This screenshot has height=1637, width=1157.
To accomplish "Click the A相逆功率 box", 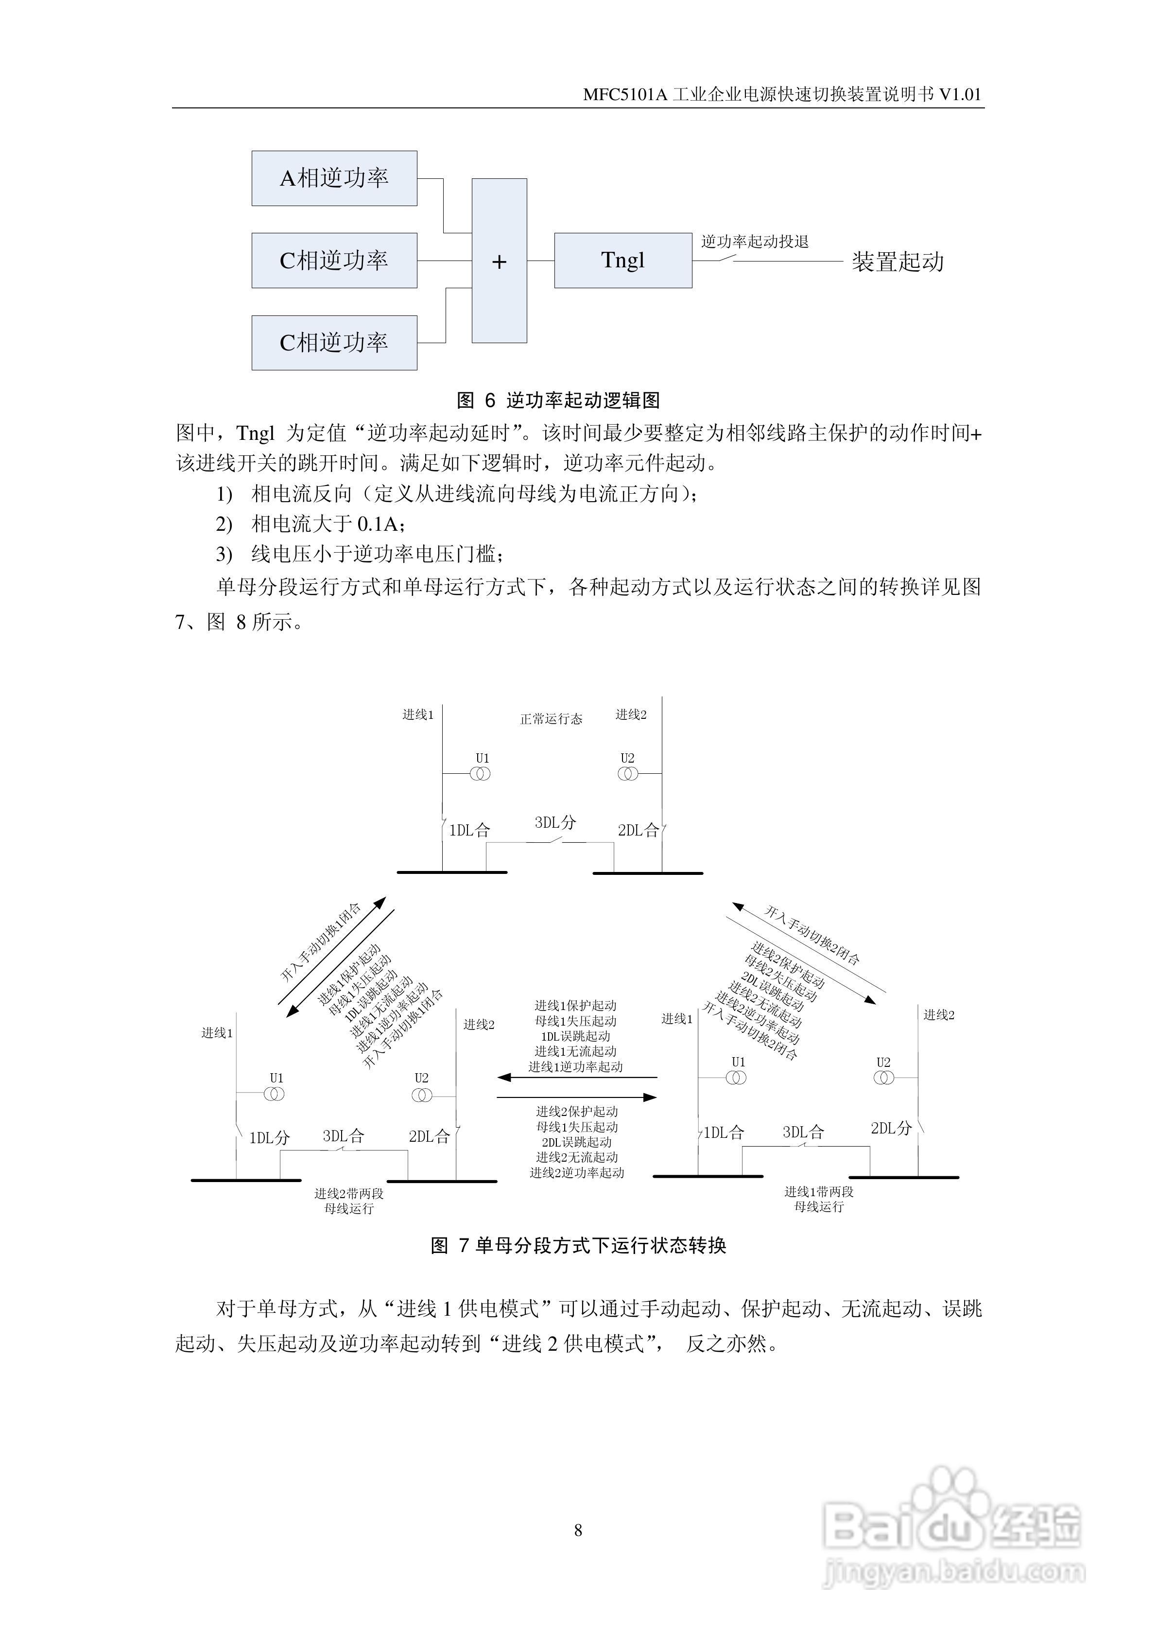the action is [334, 178].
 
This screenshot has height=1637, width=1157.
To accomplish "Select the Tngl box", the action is [622, 261].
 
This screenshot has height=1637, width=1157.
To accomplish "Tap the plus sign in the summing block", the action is [499, 261].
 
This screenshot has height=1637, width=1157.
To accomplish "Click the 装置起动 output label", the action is [897, 261].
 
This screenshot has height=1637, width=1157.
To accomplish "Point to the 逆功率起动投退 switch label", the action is [754, 242].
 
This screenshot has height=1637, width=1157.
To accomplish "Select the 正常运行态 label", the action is [551, 719].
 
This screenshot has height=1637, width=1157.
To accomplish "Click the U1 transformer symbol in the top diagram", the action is [481, 774].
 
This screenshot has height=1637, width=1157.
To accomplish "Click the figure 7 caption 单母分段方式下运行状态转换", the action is [578, 1246].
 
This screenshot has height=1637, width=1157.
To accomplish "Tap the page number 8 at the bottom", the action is [578, 1531].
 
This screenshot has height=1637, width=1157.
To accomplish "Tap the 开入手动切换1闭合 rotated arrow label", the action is [321, 942].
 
